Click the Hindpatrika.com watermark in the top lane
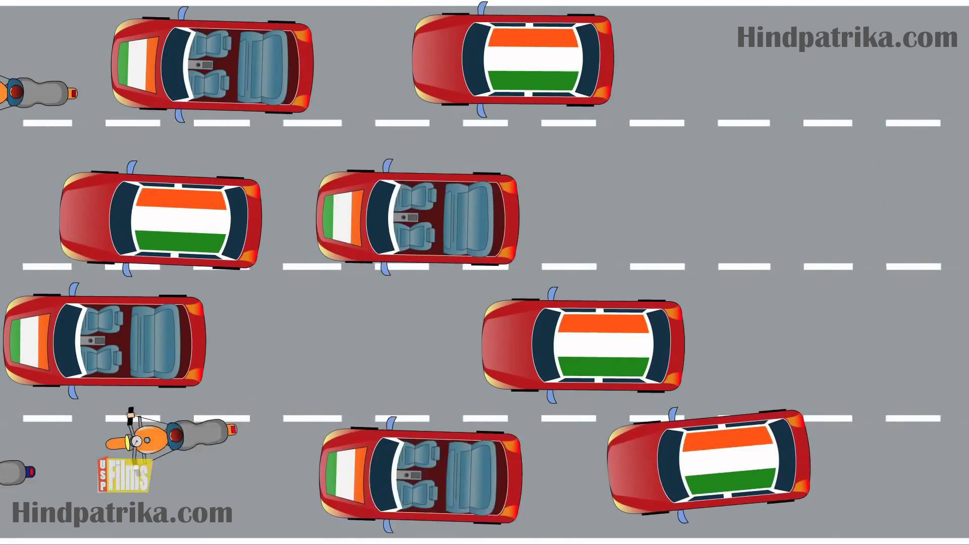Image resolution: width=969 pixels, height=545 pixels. tap(847, 38)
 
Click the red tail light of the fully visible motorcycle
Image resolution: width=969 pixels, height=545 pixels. tap(233, 429)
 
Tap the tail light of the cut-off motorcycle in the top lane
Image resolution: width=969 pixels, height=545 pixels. tap(74, 93)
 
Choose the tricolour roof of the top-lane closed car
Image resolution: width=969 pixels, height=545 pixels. tap(533, 59)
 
